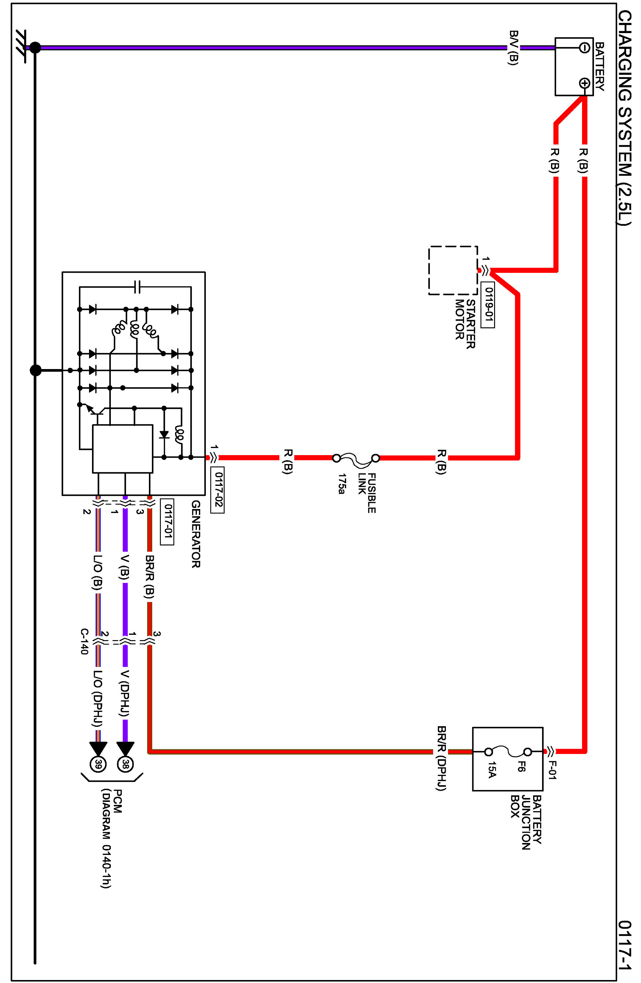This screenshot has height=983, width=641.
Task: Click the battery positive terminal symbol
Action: tap(584, 83)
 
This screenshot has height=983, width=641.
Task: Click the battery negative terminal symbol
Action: tap(584, 48)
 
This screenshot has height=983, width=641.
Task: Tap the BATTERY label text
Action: tap(600, 67)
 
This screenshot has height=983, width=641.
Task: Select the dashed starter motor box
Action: tap(453, 270)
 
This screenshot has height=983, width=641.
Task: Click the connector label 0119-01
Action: tap(488, 305)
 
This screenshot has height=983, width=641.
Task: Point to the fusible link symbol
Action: tap(356, 458)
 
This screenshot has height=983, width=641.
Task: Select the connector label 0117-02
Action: tap(217, 490)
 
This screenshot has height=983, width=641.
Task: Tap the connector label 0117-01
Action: tap(167, 522)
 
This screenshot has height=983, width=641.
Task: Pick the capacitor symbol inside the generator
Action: tap(138, 287)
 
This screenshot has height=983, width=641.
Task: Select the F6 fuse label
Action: tap(521, 767)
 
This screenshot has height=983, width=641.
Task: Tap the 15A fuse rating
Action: tap(491, 770)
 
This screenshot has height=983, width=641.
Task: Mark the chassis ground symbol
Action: tap(21, 46)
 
